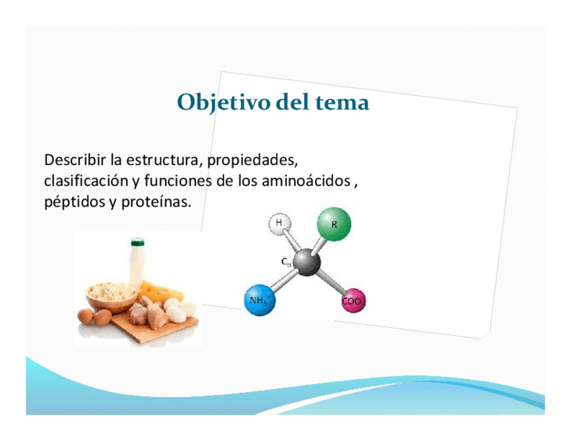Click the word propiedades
253,161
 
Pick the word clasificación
86,180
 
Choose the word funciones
178,180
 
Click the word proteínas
156,202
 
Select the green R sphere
334,224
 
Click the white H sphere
279,224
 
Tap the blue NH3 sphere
260,300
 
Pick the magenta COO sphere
354,301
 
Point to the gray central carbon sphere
307,262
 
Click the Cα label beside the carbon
287,262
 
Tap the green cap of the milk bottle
137,242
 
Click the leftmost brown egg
86,316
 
